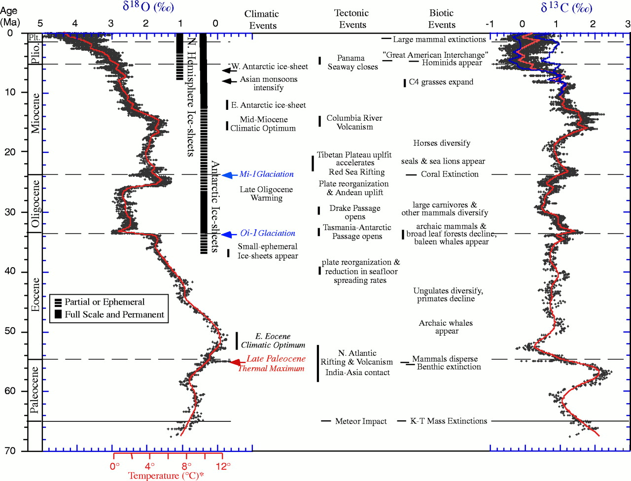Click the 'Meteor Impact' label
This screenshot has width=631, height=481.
pyautogui.click(x=361, y=421)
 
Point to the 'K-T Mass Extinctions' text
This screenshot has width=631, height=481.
pyautogui.click(x=449, y=421)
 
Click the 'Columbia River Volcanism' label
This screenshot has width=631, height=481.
pyautogui.click(x=354, y=122)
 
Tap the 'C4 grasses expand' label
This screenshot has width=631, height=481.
pyautogui.click(x=441, y=82)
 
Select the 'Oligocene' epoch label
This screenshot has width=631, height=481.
pyautogui.click(x=35, y=204)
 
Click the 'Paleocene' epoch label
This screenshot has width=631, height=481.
pyautogui.click(x=34, y=390)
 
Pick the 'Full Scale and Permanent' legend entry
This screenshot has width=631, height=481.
pyautogui.click(x=114, y=314)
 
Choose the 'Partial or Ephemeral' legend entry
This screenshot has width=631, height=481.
pyautogui.click(x=105, y=302)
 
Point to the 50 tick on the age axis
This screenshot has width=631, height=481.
pyautogui.click(x=10, y=331)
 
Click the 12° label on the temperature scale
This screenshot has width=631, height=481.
pyautogui.click(x=223, y=466)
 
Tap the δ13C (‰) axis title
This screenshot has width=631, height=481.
pyautogui.click(x=566, y=7)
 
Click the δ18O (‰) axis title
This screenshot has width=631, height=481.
pyautogui.click(x=148, y=6)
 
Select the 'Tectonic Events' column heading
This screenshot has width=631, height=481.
pyautogui.click(x=352, y=19)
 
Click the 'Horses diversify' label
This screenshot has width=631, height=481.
pyautogui.click(x=442, y=143)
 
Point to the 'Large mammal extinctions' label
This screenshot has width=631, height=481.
pyautogui.click(x=439, y=39)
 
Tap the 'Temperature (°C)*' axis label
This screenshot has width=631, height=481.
pyautogui.click(x=166, y=476)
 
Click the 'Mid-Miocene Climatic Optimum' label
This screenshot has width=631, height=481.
pyautogui.click(x=263, y=124)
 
